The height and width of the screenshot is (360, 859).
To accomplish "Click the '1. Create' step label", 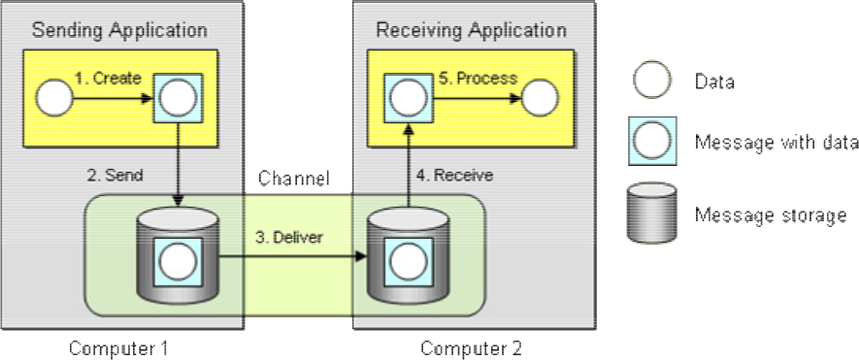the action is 108,79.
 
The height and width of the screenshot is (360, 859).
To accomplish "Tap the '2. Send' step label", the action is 116,176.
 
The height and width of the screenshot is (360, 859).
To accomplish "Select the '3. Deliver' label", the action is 289,238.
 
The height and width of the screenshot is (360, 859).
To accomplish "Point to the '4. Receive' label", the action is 454,176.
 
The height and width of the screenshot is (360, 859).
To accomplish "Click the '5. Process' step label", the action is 479,79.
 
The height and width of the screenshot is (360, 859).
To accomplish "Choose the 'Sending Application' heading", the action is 119,30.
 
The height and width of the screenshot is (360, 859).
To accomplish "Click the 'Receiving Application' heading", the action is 471,30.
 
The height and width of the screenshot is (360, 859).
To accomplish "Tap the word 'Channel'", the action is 294,179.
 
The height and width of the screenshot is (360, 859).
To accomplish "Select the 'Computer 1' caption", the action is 118,348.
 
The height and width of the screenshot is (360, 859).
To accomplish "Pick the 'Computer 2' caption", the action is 471,348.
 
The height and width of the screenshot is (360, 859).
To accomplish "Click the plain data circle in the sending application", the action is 54,99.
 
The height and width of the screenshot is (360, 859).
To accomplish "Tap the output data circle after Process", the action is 541,99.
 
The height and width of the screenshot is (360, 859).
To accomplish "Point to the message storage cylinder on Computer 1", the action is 178,256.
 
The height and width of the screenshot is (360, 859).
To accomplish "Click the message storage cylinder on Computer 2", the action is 408,256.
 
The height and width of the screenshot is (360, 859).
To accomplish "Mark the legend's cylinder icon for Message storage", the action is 652,213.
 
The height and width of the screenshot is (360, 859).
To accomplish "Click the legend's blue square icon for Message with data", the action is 652,141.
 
